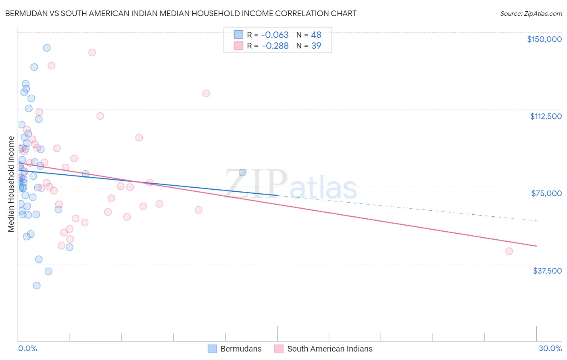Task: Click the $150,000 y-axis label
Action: tap(544, 39)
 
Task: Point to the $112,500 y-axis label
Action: tap(546, 116)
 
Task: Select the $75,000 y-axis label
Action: tap(546, 193)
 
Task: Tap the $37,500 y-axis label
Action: tap(547, 271)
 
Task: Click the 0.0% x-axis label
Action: tap(27, 348)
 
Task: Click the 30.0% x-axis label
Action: tap(550, 348)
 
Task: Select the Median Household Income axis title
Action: tap(11, 184)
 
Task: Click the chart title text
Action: tap(181, 13)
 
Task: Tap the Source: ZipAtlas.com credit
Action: tap(531, 14)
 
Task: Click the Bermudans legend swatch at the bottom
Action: tap(213, 349)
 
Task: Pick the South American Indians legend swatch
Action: tap(279, 349)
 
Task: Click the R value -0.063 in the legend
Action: tap(275, 35)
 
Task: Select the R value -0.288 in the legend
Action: tap(275, 46)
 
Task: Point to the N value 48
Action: tap(316, 35)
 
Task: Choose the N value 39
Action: tap(316, 46)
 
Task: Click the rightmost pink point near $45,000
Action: tap(509, 251)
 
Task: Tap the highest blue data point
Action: tap(47, 48)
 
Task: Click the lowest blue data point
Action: tap(37, 285)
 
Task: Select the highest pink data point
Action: tap(92, 52)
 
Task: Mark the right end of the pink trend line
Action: tap(536, 246)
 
